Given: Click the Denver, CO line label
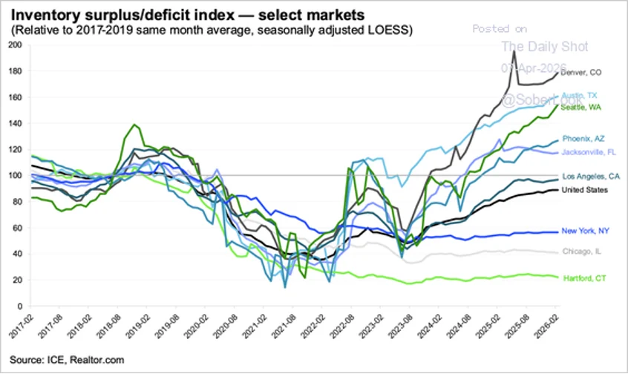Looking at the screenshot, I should click(x=580, y=73).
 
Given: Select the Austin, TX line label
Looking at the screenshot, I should click(x=579, y=95).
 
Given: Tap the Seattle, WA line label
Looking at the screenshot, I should click(x=580, y=108).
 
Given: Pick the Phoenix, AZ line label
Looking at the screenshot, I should click(x=583, y=139).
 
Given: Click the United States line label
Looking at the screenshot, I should click(x=584, y=190).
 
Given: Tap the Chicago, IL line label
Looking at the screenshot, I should click(x=581, y=251).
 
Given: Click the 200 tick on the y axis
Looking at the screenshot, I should click(x=14, y=45).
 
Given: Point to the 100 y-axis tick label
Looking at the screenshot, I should click(x=14, y=175).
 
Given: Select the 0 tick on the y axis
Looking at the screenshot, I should click(x=19, y=306).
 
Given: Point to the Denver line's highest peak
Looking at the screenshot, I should click(x=514, y=51).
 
